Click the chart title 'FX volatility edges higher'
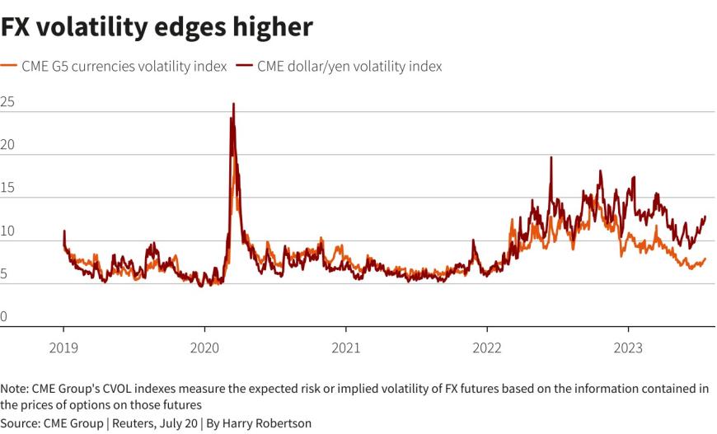click(157, 27)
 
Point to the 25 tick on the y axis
click(7, 103)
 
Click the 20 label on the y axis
click(7, 146)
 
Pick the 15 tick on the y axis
click(7, 189)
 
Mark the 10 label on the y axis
click(7, 231)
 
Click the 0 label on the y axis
click(5, 317)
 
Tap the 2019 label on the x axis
click(64, 348)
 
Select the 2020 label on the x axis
click(205, 348)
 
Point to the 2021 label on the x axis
click(346, 348)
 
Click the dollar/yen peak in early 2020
click(233, 105)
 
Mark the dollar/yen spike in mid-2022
click(551, 157)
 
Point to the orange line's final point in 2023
click(705, 259)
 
